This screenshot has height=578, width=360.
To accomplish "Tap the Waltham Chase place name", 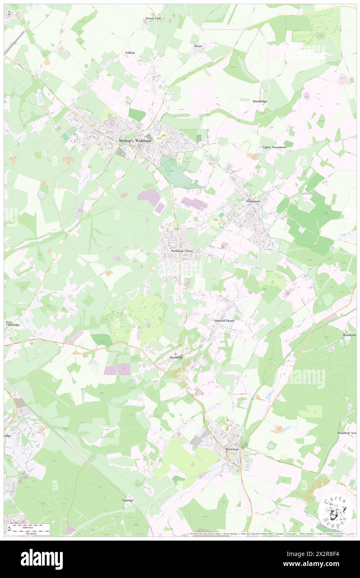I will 182,251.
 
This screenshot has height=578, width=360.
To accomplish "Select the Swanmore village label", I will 253,201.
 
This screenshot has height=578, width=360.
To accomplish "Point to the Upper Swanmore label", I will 274,147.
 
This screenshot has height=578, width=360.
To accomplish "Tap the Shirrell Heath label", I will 224,321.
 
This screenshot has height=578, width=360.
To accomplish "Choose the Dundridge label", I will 260,101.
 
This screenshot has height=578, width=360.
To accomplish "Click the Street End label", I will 153,18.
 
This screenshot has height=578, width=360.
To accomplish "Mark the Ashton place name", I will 130,53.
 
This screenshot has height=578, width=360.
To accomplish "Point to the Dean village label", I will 198,46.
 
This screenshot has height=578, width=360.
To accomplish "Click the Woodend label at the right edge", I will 349,335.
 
